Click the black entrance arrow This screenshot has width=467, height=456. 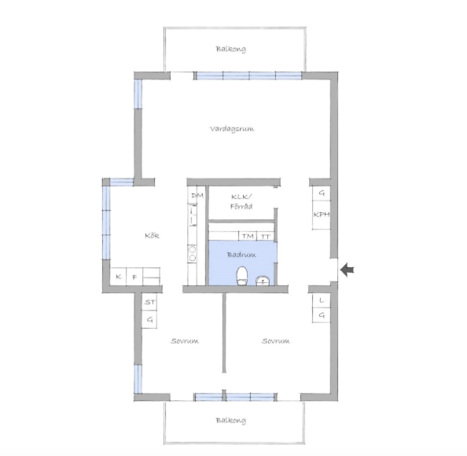coord(347,270)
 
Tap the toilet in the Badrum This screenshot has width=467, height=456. coord(242,276)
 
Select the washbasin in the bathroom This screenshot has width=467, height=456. coord(263,281)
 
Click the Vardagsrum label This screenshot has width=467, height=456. coord(232,129)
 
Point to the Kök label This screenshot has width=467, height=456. coord(152,236)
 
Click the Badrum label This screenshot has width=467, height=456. coord(241,255)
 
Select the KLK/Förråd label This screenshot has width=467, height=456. coord(241,201)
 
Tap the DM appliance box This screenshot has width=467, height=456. coord(197,196)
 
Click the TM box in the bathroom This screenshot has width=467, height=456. coord(248,236)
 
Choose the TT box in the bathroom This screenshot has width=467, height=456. coord(266,236)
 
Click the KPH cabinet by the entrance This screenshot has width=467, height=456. coord(322,215)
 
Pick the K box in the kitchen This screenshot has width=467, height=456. coord(119,277)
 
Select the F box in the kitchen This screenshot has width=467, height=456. coord(134,277)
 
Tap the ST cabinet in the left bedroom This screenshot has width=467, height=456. coord(149,302)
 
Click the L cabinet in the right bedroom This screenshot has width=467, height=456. coord(321,301)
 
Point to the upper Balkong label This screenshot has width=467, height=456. coord(231,49)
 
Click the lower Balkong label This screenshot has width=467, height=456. coord(231,421)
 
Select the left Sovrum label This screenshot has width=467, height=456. coord(185,340)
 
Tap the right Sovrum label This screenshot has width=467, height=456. coord(276,340)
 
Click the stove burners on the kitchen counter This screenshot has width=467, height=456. coord(193,253)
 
